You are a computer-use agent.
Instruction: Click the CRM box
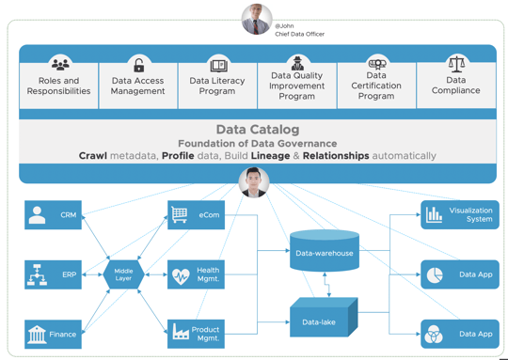coord(53,215)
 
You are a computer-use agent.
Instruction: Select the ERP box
coord(53,275)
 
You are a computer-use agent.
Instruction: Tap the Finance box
coord(53,334)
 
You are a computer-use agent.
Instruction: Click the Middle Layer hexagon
coord(123,274)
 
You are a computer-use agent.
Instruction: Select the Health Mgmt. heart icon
coord(181,275)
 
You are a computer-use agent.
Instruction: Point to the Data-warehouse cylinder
coord(325,251)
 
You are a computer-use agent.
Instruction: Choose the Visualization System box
coord(459,214)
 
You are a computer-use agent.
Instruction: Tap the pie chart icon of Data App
coord(435,274)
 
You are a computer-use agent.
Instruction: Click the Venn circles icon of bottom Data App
coord(434,334)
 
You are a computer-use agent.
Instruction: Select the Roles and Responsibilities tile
coord(59,81)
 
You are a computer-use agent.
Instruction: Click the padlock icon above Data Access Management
coord(138,66)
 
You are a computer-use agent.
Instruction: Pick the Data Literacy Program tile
coord(217,81)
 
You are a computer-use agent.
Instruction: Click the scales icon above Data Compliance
coord(456,64)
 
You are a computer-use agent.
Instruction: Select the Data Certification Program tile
coord(376,81)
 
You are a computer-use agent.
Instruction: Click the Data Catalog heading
coord(257,130)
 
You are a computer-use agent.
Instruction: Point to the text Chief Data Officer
coord(300,34)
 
